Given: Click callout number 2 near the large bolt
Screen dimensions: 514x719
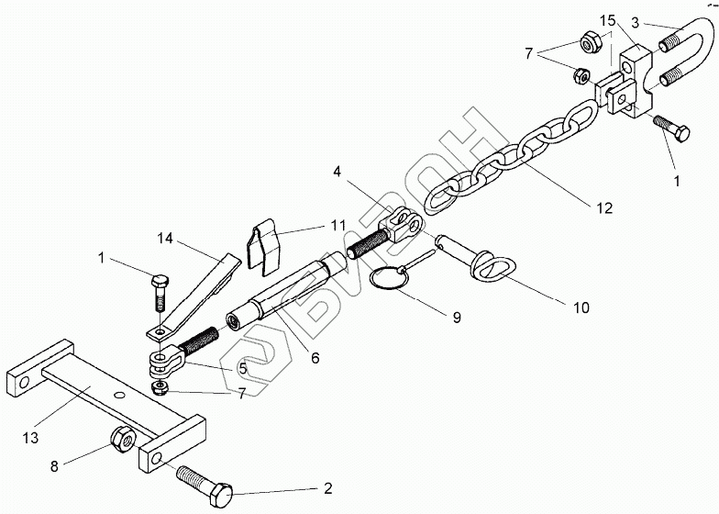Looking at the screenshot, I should (326, 488).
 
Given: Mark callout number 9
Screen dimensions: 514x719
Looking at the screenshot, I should (455, 318).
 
